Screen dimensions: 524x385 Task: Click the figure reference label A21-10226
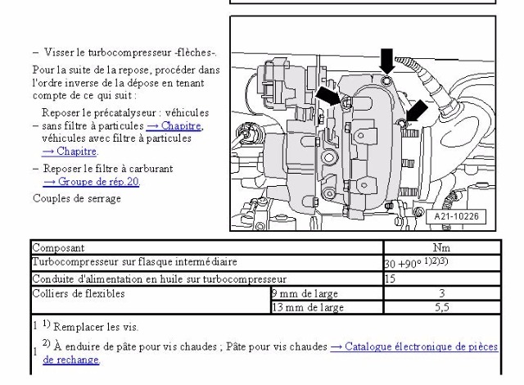pyautogui.click(x=456, y=216)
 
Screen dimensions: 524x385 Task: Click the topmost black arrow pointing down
pyautogui.click(x=387, y=61)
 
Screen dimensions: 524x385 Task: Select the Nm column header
pyautogui.click(x=441, y=247)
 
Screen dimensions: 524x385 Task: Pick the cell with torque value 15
pyautogui.click(x=442, y=279)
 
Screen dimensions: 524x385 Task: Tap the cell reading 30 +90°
pyautogui.click(x=442, y=263)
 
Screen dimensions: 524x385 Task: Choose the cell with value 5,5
pyautogui.click(x=442, y=307)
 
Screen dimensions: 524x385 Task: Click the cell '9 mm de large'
pyautogui.click(x=327, y=293)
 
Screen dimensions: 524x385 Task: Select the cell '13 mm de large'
pyautogui.click(x=327, y=307)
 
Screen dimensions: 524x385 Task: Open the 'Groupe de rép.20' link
pyautogui.click(x=91, y=181)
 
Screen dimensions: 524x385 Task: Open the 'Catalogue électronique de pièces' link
pyautogui.click(x=414, y=346)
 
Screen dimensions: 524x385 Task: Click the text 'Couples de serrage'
pyautogui.click(x=77, y=198)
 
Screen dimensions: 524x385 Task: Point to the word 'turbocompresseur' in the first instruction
pyautogui.click(x=129, y=52)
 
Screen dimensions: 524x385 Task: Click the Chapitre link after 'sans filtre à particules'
pyautogui.click(x=174, y=125)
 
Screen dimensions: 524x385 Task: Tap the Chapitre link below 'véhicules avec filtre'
pyautogui.click(x=69, y=151)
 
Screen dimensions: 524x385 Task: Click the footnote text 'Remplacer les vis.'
pyautogui.click(x=96, y=327)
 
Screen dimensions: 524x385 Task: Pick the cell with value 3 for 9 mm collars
pyautogui.click(x=442, y=293)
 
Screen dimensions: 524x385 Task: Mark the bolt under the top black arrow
pyautogui.click(x=386, y=80)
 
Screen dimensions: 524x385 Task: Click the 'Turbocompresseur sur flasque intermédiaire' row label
pyautogui.click(x=134, y=261)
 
